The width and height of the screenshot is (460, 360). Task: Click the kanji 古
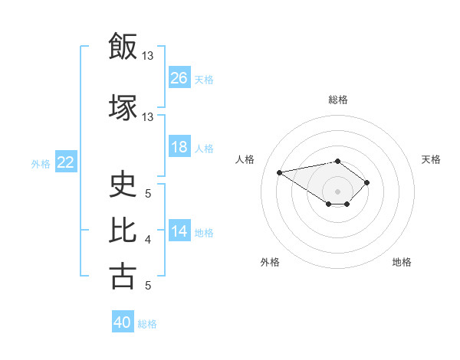pos(122,276)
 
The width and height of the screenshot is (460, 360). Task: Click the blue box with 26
pos(179,78)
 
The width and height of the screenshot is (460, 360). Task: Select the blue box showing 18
pos(179,147)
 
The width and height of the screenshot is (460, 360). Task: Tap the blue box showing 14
pos(179,231)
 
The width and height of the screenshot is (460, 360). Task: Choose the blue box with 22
pos(66,162)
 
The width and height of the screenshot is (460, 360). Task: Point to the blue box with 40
pos(123,323)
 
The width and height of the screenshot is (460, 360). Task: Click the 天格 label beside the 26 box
pos(204,79)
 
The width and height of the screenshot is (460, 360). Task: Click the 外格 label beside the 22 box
pos(41,163)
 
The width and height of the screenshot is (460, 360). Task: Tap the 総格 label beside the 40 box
pos(148,324)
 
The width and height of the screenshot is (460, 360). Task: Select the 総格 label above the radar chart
pos(338,100)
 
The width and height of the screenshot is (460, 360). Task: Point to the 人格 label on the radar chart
pos(245,159)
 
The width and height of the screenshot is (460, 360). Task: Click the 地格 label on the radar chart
pos(402,262)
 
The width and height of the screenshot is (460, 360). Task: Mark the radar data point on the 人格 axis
pos(280,172)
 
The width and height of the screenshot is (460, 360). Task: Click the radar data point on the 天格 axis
pos(367,182)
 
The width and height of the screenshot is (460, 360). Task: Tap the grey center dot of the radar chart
pos(338,191)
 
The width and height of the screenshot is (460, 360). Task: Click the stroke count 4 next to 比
pos(148,240)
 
